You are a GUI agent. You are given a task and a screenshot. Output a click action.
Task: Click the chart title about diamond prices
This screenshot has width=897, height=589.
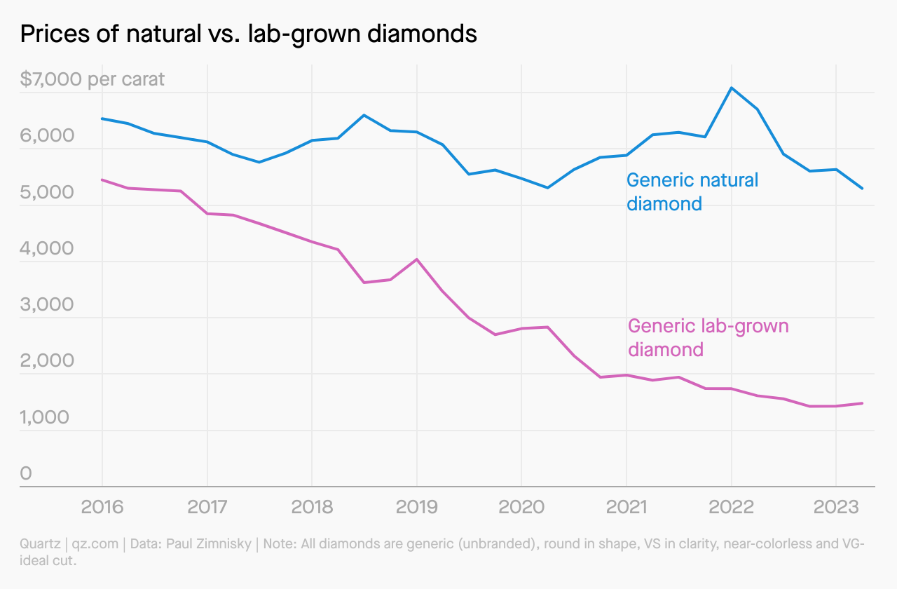[x=249, y=34]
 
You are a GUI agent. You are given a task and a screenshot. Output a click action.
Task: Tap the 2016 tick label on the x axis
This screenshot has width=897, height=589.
[x=102, y=506]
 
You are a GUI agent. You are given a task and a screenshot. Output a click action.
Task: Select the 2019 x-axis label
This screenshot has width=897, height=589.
[x=417, y=506]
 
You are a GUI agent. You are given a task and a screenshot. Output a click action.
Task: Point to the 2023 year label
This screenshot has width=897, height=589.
[x=836, y=506]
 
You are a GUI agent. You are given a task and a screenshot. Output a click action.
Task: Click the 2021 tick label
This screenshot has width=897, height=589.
[x=626, y=506]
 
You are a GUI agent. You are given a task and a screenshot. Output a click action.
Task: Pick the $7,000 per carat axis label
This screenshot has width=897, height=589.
[x=93, y=79]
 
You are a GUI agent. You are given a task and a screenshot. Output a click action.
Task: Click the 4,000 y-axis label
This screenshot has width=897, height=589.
[x=46, y=248]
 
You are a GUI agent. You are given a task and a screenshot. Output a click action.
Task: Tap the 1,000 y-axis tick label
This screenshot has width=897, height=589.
[x=46, y=417]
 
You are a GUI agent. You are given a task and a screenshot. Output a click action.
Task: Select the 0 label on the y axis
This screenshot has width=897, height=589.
[x=26, y=473]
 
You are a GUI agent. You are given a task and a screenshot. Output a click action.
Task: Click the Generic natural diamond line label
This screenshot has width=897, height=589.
[x=692, y=191]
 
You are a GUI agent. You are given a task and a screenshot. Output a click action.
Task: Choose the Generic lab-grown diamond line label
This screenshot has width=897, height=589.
[x=708, y=337]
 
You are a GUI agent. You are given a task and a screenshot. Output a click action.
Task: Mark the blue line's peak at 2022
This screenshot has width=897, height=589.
[x=732, y=88]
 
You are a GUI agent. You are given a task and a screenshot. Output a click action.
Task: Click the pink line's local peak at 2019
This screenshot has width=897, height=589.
[x=417, y=259]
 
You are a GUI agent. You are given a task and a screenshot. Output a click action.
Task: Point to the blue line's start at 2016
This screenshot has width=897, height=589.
[x=102, y=119]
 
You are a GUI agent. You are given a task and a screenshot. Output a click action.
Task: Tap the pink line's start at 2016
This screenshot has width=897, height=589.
[x=102, y=180]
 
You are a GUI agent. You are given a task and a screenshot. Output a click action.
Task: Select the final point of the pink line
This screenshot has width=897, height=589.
[x=862, y=403]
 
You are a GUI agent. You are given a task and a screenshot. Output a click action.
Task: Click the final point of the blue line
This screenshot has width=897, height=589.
[x=862, y=189]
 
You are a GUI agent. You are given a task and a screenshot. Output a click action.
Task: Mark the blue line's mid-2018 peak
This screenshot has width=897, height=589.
[x=364, y=115]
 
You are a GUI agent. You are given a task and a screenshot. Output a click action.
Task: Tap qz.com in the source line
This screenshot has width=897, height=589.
[x=96, y=544]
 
